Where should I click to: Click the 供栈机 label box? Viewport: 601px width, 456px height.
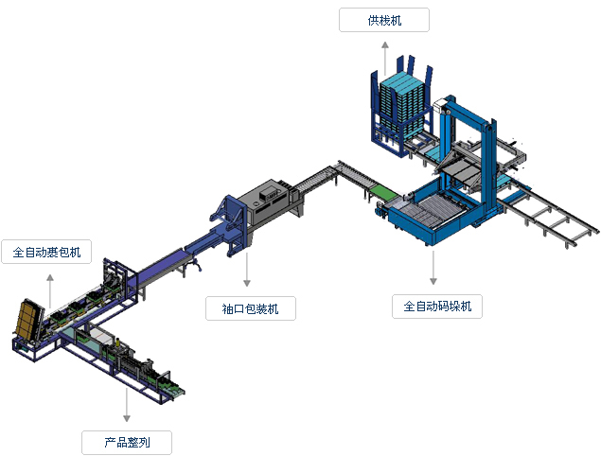coord(383,20)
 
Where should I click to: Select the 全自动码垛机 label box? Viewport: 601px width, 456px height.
coord(437,306)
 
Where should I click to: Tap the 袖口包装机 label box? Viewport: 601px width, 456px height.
coord(250,307)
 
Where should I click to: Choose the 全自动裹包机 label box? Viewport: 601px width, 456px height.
coord(46,253)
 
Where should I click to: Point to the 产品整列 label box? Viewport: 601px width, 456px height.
coord(126,441)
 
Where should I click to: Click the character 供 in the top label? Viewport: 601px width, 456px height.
coord(373,20)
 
